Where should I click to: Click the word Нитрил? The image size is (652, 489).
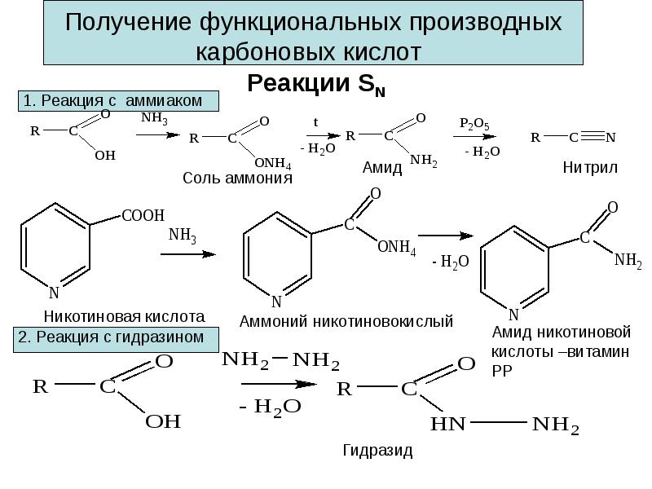click(590, 168)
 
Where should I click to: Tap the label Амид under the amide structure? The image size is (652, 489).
click(382, 168)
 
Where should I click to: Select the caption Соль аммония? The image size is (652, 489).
click(237, 178)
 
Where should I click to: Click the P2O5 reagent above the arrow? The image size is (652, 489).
click(474, 124)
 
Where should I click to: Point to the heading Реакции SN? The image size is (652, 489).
click(316, 84)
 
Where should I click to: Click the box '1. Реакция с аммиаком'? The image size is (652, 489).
click(118, 101)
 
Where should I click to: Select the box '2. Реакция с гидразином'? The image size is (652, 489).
click(116, 340)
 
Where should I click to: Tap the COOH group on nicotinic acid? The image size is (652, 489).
click(143, 215)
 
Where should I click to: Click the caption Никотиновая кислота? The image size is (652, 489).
click(125, 317)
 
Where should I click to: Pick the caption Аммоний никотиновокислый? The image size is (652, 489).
click(346, 321)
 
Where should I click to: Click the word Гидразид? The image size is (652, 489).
click(377, 451)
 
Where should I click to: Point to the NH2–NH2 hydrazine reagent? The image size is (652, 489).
click(280, 360)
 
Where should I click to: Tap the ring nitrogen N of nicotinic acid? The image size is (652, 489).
click(54, 293)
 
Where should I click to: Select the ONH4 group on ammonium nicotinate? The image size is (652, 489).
click(396, 248)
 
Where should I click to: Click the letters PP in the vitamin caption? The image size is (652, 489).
click(502, 370)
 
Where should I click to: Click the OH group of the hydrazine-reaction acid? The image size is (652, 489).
click(163, 421)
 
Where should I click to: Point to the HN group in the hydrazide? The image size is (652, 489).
click(447, 424)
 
